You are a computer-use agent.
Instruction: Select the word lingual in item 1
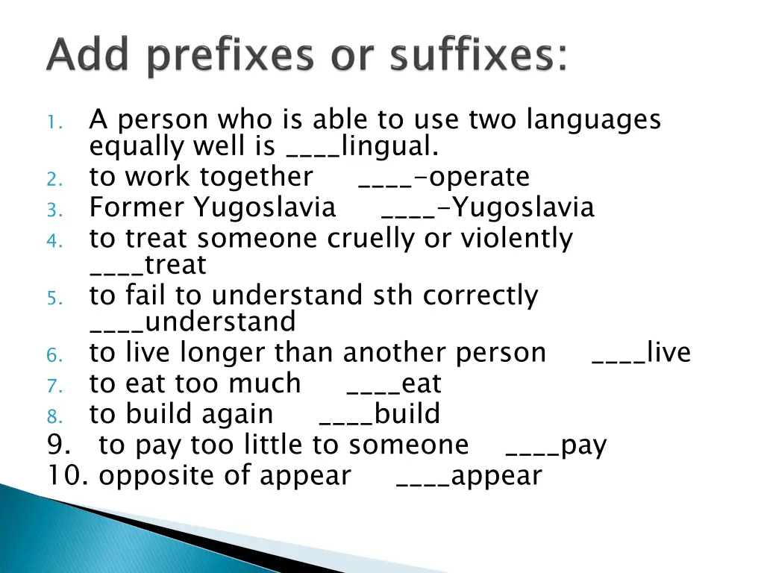pyautogui.click(x=389, y=146)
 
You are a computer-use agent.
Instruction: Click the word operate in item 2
pyautogui.click(x=480, y=177)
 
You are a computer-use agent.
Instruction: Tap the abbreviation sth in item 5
pyautogui.click(x=395, y=295)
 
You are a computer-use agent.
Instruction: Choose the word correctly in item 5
pyautogui.click(x=480, y=296)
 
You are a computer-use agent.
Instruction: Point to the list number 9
pyautogui.click(x=58, y=445)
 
